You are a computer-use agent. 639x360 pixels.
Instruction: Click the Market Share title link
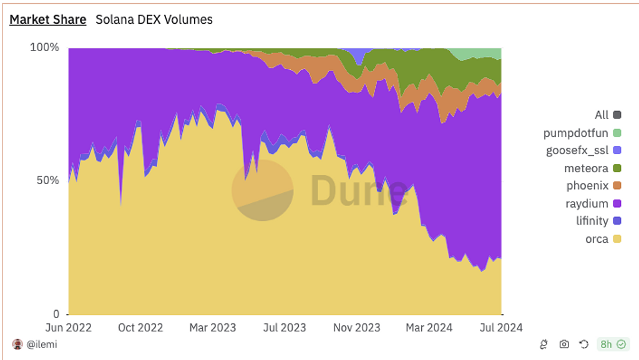pyautogui.click(x=47, y=19)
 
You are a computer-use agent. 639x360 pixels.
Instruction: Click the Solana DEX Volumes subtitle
pyautogui.click(x=154, y=19)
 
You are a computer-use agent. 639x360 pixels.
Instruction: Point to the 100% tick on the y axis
pyautogui.click(x=45, y=47)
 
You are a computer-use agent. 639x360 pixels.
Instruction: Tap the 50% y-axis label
pyautogui.click(x=47, y=180)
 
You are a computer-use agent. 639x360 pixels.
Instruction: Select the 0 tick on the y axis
pyautogui.click(x=55, y=314)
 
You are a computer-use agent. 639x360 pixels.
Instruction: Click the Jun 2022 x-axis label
pyautogui.click(x=69, y=328)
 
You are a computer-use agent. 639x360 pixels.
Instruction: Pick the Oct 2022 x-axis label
pyautogui.click(x=140, y=328)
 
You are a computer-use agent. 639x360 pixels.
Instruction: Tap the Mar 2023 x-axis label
pyautogui.click(x=213, y=328)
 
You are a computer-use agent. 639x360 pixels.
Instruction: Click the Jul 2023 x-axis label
pyautogui.click(x=285, y=328)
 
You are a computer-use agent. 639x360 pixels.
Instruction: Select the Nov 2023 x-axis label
pyautogui.click(x=356, y=328)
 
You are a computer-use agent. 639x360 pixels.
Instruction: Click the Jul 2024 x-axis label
pyautogui.click(x=501, y=328)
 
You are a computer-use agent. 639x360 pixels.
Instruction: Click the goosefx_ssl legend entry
pyautogui.click(x=577, y=150)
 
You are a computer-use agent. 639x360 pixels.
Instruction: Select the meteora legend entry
pyautogui.click(x=586, y=168)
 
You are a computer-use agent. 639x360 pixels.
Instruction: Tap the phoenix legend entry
pyautogui.click(x=587, y=185)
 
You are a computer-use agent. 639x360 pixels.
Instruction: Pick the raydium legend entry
pyautogui.click(x=587, y=203)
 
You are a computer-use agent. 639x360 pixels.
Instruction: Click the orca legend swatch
pyautogui.click(x=618, y=239)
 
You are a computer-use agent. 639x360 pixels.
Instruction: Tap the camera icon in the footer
pyautogui.click(x=564, y=344)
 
